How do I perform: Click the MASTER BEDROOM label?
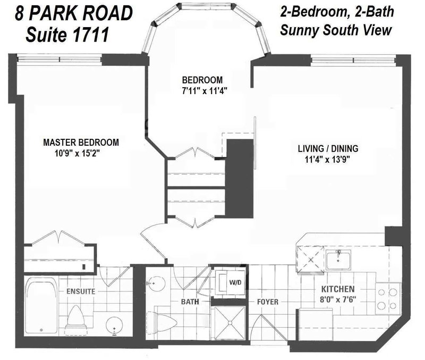81,143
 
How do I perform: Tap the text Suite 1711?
69,35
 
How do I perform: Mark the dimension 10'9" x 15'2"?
81,153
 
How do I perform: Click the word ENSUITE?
81,291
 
